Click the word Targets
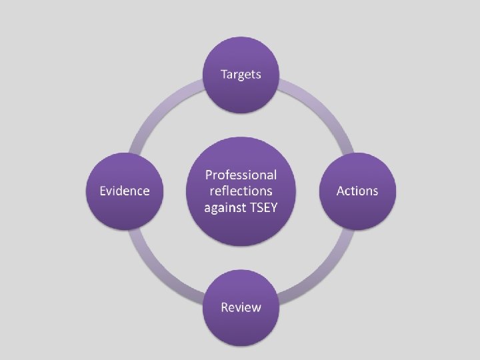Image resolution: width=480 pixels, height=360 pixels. [241, 74]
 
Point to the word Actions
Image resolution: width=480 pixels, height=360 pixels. [357, 191]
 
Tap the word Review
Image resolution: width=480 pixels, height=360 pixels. [241, 307]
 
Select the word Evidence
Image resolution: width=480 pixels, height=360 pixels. [124, 191]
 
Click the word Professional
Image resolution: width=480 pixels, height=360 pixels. [241, 175]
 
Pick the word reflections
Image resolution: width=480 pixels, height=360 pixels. [241, 191]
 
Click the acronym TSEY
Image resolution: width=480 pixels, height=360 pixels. [263, 207]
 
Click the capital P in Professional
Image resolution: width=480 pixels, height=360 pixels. [209, 175]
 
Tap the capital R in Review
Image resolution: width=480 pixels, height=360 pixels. [225, 307]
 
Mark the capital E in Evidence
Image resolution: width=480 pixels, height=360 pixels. [103, 191]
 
